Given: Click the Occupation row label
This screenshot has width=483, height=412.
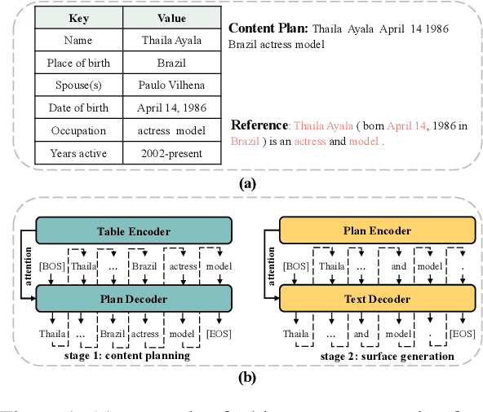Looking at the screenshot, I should click(x=78, y=129).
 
